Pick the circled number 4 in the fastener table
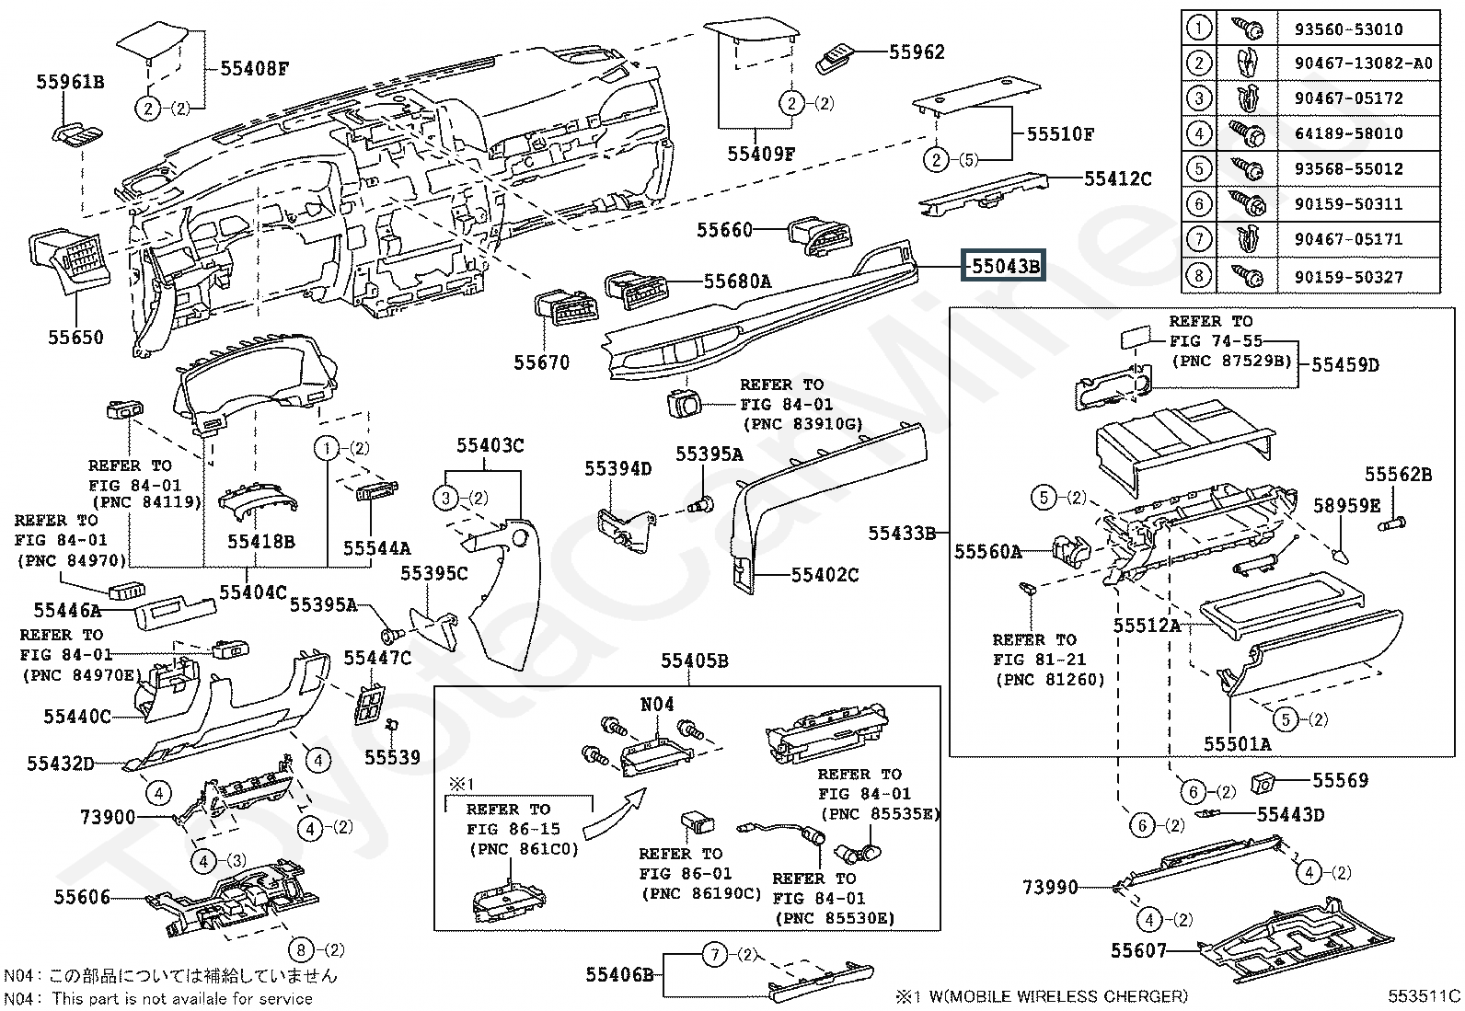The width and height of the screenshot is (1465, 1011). (1199, 133)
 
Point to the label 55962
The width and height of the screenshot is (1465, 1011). (917, 52)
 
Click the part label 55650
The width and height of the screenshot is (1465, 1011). (76, 338)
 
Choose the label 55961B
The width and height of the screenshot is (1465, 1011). (70, 82)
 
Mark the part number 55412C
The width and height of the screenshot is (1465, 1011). (1117, 178)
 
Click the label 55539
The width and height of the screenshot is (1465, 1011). (392, 757)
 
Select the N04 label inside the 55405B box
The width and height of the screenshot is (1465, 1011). (657, 705)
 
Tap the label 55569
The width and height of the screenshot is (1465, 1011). (1340, 780)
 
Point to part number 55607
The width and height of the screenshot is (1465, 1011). (1138, 950)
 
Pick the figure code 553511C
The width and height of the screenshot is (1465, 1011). (1425, 995)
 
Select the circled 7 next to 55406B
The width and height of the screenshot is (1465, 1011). (715, 955)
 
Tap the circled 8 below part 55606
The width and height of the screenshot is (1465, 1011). (301, 949)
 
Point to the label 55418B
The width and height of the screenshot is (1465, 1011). (261, 542)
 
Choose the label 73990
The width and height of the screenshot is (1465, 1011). (1050, 888)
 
